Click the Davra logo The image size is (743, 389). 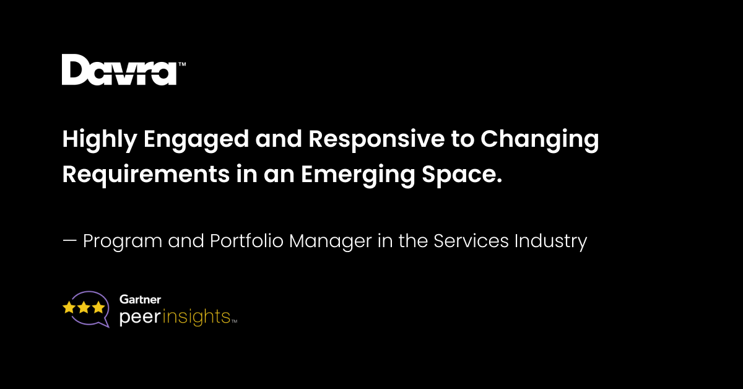119,69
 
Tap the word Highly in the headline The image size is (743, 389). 100,140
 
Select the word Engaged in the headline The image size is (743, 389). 196,140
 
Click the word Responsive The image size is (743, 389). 376,140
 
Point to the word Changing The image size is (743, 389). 540,140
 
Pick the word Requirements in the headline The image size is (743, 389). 146,175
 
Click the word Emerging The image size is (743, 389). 358,175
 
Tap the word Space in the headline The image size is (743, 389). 459,175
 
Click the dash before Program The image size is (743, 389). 69,241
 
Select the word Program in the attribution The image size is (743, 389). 123,242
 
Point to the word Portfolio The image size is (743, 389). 246,240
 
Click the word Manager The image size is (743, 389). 331,242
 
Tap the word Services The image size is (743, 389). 471,240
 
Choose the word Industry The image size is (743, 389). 551,242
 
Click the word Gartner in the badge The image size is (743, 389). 141,299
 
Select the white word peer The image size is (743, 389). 140,317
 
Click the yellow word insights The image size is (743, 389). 196,317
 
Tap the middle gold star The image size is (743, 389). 84,307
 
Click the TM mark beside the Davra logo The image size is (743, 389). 182,64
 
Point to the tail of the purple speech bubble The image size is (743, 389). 105,323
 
